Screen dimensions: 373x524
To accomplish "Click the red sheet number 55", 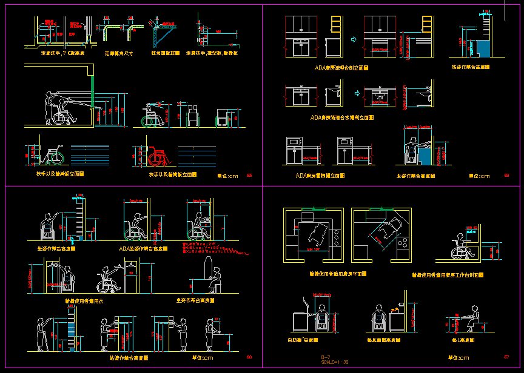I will point(249,175).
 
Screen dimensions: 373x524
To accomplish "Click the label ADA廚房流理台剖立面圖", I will point(341,68).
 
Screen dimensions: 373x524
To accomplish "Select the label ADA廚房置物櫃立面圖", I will point(320,176).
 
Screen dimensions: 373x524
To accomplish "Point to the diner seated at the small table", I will point(473,316).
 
